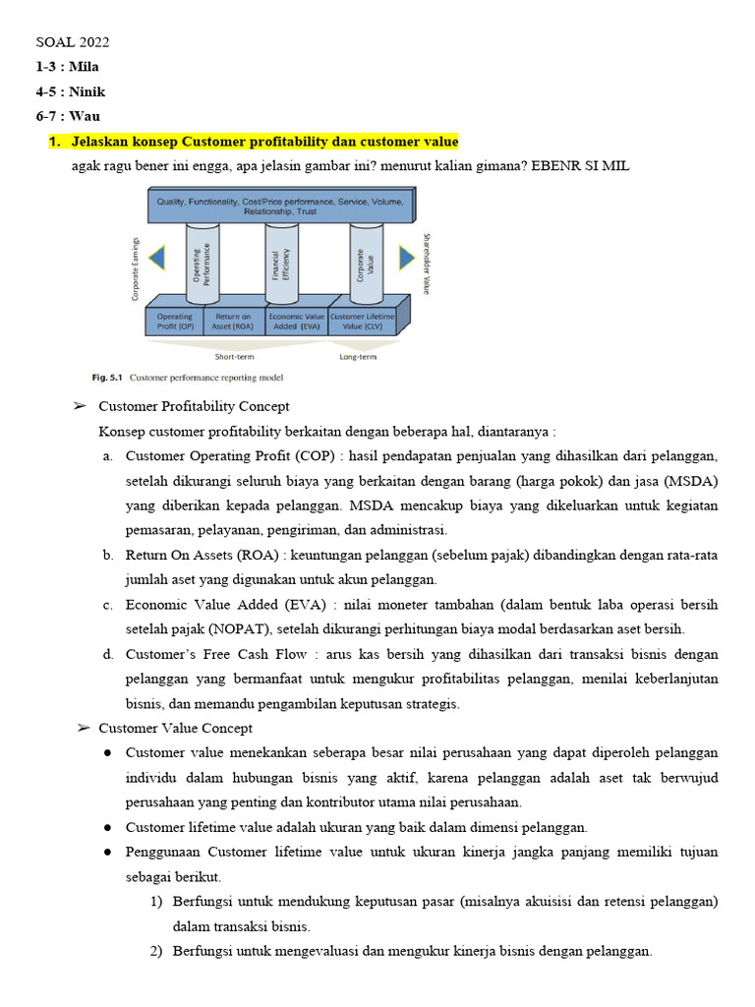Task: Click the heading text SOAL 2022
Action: coord(73,42)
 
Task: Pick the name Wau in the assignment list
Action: coord(84,116)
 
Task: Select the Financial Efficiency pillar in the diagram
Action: coord(282,265)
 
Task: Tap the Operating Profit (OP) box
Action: coord(175,323)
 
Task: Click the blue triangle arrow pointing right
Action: coord(406,258)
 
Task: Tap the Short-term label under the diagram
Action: coord(235,357)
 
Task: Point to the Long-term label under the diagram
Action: coord(358,357)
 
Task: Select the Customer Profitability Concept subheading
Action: coord(194,406)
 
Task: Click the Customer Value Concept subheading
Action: coord(175,728)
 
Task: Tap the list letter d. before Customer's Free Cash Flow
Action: coord(107,654)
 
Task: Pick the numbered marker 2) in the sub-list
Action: coord(156,951)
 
